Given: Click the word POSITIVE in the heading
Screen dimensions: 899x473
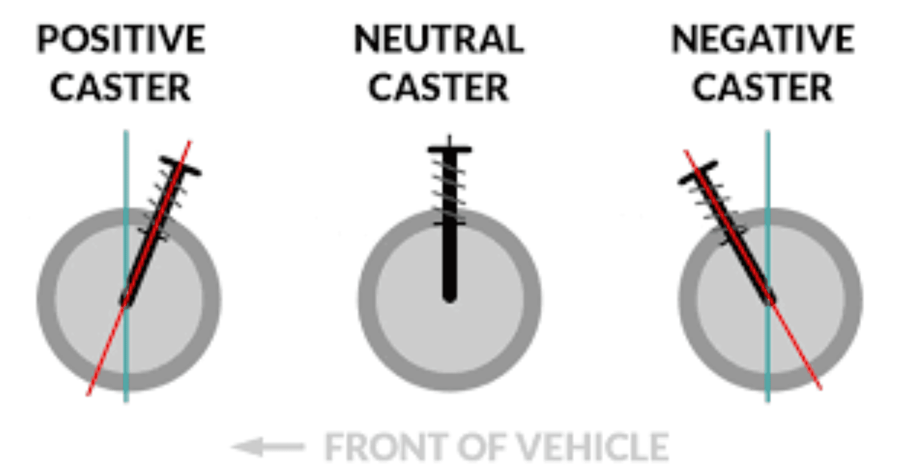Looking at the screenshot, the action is (x=121, y=39).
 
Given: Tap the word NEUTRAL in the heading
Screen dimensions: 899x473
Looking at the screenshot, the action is (x=439, y=39).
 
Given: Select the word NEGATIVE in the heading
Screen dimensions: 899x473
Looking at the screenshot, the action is (x=763, y=39).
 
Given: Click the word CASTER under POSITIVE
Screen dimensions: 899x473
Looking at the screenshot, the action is (x=120, y=88).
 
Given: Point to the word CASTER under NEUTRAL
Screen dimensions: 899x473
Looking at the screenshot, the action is (x=438, y=88).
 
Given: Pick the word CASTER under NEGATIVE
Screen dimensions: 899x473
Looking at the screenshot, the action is (x=762, y=88).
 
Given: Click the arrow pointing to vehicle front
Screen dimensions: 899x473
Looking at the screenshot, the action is (x=268, y=446).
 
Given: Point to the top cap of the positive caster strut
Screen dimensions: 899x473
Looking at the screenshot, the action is (x=181, y=166).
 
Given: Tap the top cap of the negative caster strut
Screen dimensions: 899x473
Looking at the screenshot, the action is (x=698, y=172).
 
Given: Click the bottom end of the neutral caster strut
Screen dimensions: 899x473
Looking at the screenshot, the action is (x=449, y=297).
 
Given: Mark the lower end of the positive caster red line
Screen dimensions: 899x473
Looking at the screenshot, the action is (x=88, y=395).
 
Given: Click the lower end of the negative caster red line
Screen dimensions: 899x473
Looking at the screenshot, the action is (x=821, y=388).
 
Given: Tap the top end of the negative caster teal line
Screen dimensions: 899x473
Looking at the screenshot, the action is (x=767, y=132).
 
